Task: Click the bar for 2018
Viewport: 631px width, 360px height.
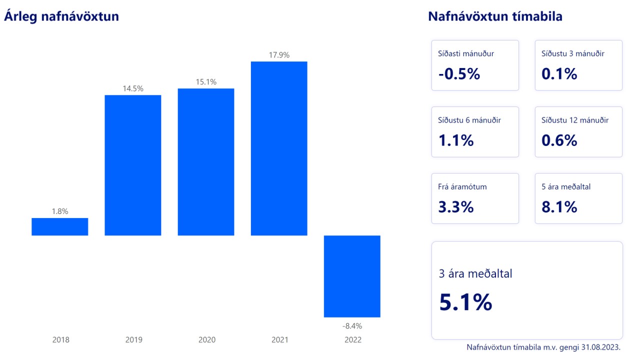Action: [60, 226]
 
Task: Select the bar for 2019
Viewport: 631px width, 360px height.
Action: [133, 165]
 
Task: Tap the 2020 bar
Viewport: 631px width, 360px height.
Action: [206, 161]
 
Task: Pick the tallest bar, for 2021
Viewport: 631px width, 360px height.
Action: [279, 148]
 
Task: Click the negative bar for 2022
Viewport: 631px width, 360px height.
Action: [352, 276]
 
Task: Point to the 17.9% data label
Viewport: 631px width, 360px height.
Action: [279, 55]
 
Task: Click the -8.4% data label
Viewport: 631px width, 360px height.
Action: [352, 326]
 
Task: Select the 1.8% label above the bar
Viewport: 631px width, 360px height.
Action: [60, 211]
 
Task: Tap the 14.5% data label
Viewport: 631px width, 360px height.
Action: [133, 88]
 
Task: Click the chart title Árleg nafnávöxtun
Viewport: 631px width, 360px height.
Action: [61, 16]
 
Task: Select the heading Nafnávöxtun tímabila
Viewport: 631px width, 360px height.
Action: [495, 16]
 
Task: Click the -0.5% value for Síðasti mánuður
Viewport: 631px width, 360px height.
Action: [459, 74]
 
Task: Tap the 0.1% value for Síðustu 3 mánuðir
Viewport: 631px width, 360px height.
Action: [559, 74]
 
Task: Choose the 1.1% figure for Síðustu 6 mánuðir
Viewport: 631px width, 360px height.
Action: [455, 140]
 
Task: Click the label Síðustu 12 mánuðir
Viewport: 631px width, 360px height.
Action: [575, 120]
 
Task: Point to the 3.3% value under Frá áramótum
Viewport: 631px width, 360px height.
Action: [455, 207]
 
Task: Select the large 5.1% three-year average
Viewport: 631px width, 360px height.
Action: [465, 302]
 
